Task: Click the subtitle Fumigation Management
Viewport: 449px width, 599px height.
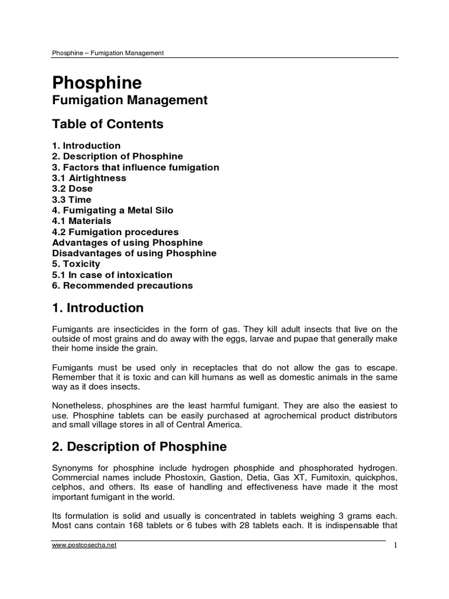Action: click(x=130, y=101)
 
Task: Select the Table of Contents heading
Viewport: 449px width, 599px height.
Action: click(x=108, y=124)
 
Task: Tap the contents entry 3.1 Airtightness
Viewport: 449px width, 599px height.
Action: click(x=89, y=178)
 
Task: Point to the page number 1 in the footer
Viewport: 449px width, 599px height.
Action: click(x=395, y=545)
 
